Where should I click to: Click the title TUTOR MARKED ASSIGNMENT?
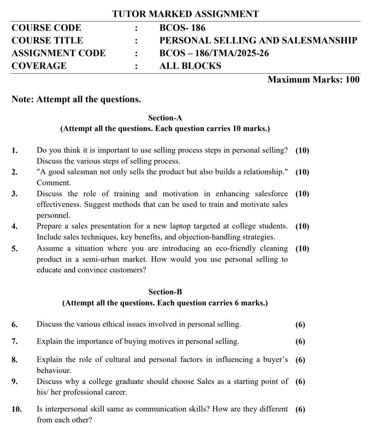pos(185,14)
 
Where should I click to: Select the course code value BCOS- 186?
pos(182,28)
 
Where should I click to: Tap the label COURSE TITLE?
pos(47,41)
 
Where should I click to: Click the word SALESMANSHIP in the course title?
pos(319,41)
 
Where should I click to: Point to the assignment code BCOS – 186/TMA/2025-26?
pos(214,53)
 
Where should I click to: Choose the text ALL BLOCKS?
pos(190,66)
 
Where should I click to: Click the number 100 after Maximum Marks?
pos(352,80)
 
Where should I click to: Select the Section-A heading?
pos(165,118)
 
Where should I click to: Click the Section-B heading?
pos(165,292)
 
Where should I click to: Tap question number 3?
pos(14,194)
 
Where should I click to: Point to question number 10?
pos(16,409)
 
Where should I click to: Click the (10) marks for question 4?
pos(302,227)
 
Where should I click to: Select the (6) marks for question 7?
pos(300,342)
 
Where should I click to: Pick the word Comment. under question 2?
pos(54,183)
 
